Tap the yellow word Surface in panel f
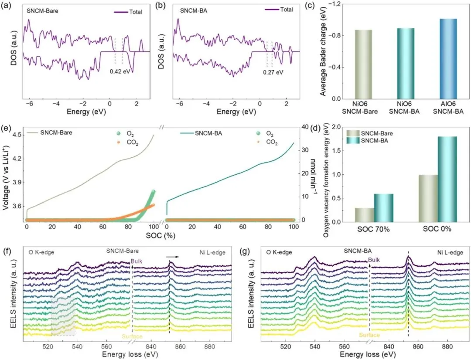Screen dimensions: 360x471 coord(120,336)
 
